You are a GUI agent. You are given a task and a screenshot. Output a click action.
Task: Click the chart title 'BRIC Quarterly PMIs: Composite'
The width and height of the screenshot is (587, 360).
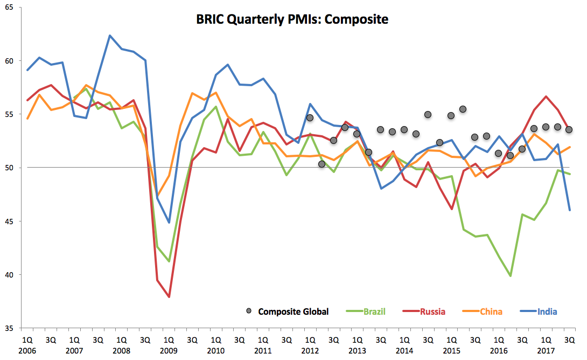[x=292, y=19]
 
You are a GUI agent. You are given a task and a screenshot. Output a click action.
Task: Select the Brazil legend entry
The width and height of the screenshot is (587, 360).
[x=366, y=311]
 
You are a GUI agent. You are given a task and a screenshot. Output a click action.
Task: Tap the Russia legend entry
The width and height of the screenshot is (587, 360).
[x=424, y=311]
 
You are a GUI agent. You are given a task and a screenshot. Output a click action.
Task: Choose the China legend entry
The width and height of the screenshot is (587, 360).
[x=482, y=311]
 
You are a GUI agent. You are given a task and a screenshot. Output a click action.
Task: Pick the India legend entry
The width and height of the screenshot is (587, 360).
[x=539, y=311]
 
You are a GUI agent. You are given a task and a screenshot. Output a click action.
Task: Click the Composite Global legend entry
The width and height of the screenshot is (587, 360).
[x=287, y=311]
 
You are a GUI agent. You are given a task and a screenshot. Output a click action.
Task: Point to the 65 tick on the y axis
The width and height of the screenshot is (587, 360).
[x=9, y=7]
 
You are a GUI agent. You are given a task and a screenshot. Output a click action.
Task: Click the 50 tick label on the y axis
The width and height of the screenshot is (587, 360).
[x=9, y=168]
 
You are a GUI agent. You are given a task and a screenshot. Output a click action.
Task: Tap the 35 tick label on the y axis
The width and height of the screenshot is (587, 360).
[x=9, y=328]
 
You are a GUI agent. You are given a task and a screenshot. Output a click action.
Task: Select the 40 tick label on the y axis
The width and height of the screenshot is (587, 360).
[x=9, y=275]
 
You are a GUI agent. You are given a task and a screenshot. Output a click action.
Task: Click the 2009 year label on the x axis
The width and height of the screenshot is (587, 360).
[x=169, y=351]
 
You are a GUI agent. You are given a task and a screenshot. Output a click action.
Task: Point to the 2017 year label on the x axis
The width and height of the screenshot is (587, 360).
[x=546, y=351]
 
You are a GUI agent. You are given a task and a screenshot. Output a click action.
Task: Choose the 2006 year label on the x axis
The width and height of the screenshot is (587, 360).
[x=27, y=351]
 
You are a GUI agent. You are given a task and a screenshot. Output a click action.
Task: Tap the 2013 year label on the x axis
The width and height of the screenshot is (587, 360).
[x=357, y=351]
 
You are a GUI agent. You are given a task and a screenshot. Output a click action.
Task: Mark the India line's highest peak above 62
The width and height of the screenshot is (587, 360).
[x=110, y=36]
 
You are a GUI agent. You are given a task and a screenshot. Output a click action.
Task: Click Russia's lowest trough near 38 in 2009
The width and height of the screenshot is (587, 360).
[x=169, y=297]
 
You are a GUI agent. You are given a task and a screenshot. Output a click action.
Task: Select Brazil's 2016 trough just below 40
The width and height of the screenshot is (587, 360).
[x=510, y=276]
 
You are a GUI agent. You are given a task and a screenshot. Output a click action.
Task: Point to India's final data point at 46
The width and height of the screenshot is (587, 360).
[x=570, y=210]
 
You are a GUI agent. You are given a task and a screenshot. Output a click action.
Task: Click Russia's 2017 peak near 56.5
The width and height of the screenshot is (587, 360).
[x=546, y=96]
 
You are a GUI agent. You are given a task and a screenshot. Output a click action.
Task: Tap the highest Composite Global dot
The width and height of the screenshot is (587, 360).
[x=463, y=109]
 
